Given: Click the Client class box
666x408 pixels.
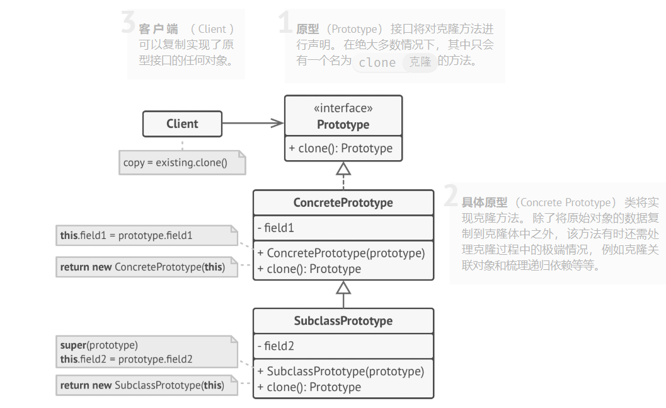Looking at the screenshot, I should click(x=182, y=124).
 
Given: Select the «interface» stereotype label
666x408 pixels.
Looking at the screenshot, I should click(x=343, y=108).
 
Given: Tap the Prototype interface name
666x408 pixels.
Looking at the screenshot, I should click(x=343, y=124).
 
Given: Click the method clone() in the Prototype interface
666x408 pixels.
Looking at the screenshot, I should click(x=341, y=148).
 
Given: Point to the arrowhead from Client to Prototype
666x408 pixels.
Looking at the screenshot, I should click(x=277, y=124).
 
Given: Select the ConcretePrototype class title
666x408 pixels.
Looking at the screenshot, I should click(x=343, y=202).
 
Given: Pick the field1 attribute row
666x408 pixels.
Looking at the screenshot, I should click(x=276, y=228).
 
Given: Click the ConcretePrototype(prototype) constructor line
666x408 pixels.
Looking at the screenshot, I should click(x=341, y=253).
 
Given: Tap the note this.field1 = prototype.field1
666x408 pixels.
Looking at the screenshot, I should click(x=127, y=236).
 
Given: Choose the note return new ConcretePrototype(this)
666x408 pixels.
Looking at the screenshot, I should click(x=142, y=267).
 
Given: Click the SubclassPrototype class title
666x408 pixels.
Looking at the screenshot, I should click(x=343, y=320).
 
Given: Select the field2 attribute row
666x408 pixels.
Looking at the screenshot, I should click(x=276, y=346).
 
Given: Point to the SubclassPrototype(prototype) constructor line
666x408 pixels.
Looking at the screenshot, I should click(x=340, y=371).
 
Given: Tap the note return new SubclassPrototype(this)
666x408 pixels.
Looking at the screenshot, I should click(x=142, y=385).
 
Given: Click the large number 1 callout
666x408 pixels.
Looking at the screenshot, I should click(x=285, y=23).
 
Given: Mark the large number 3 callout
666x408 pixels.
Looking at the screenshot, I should click(x=128, y=23).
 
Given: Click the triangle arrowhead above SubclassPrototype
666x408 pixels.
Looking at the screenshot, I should click(x=343, y=288).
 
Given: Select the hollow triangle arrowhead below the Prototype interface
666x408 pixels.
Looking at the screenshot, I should click(x=343, y=168).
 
